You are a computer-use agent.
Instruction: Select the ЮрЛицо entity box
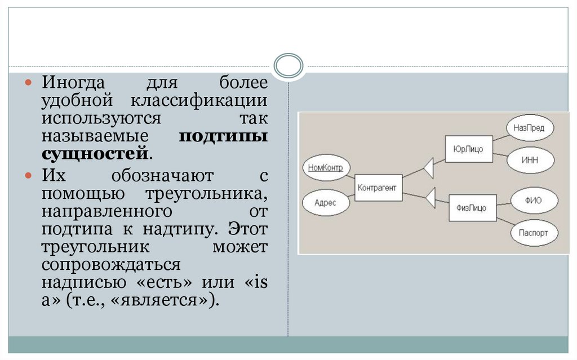[x=468, y=149]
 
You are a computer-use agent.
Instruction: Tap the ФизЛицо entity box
[x=472, y=207]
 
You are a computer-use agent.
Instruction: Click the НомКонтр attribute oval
[x=326, y=167]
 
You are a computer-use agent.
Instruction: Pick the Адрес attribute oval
[x=326, y=202]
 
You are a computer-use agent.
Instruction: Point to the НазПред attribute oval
[x=529, y=128]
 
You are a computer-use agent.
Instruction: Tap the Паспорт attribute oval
[x=534, y=233]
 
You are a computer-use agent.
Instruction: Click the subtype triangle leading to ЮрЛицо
[x=427, y=167]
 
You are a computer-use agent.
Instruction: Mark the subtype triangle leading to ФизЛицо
[x=430, y=197]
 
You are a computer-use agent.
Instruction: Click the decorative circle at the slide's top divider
[x=288, y=66]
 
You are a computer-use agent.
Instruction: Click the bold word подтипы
[x=223, y=136]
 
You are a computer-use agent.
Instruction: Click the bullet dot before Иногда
[x=31, y=83]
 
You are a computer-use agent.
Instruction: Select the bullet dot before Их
[x=31, y=176]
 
